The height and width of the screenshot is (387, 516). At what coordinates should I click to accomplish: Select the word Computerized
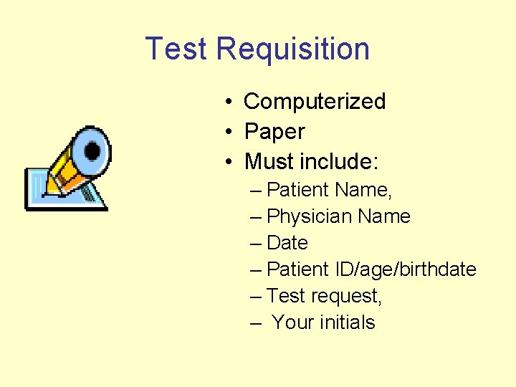(315, 102)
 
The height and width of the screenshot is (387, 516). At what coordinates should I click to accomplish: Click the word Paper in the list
(274, 132)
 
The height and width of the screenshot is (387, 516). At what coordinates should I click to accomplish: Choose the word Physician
(309, 216)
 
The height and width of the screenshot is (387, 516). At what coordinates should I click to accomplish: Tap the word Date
(287, 243)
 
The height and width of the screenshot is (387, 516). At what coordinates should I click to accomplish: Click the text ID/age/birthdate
(406, 269)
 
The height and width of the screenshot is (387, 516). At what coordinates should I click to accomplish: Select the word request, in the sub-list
(348, 296)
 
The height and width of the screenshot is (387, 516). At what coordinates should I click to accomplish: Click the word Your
(292, 322)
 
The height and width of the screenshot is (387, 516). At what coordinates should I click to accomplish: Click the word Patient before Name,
(297, 190)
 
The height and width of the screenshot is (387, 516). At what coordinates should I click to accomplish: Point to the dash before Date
(257, 243)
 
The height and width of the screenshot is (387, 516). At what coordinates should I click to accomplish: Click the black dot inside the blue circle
(92, 150)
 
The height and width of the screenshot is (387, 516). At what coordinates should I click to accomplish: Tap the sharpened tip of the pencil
(44, 193)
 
